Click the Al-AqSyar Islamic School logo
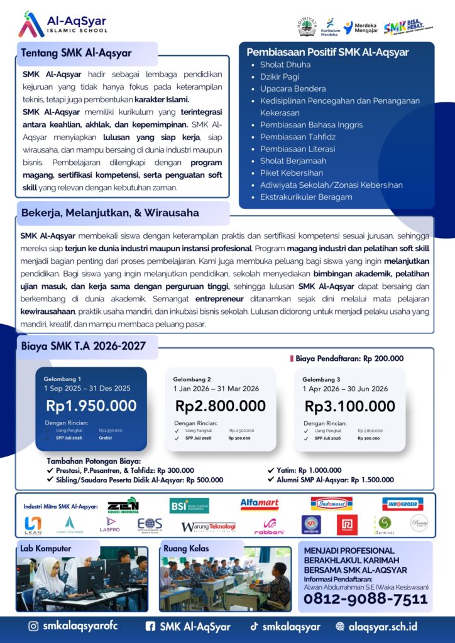pyautogui.click(x=62, y=24)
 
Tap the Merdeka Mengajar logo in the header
pyautogui.click(x=361, y=26)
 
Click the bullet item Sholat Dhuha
pyautogui.click(x=285, y=65)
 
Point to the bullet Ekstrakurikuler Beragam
pyautogui.click(x=306, y=197)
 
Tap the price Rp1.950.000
pyautogui.click(x=91, y=406)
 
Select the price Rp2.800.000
pyautogui.click(x=221, y=406)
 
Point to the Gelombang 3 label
pyautogui.click(x=321, y=379)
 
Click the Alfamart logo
pyautogui.click(x=259, y=504)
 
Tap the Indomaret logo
pyautogui.click(x=331, y=504)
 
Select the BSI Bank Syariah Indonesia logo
pyautogui.click(x=189, y=505)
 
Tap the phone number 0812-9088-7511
pyautogui.click(x=365, y=599)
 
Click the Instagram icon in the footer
pyautogui.click(x=33, y=626)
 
